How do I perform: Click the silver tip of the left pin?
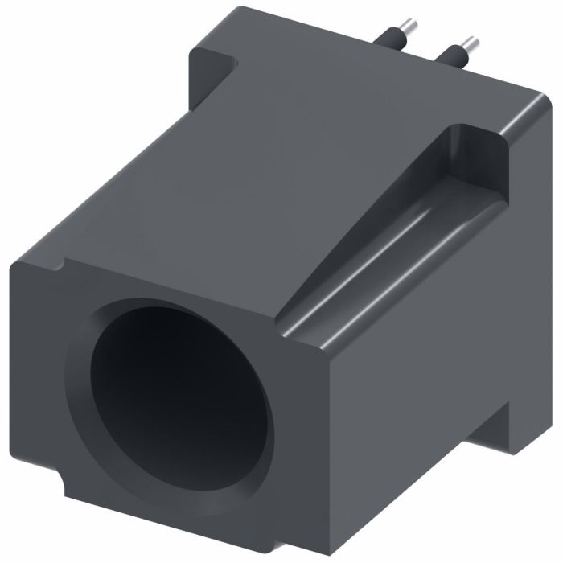tap(409, 27)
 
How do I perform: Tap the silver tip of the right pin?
tap(471, 41)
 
